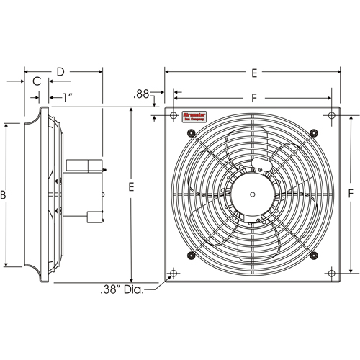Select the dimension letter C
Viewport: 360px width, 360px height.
(36, 82)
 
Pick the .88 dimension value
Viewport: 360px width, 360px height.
(142, 94)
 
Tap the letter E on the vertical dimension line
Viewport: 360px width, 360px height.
(131, 186)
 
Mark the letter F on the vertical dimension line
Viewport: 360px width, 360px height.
(351, 194)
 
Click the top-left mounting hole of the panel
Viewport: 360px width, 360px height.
(173, 115)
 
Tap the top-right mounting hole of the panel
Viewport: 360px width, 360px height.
(330, 115)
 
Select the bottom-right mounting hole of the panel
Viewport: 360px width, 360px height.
(330, 274)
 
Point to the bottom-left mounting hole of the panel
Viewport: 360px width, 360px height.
(173, 274)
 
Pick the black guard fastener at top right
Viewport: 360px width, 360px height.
(312, 131)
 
